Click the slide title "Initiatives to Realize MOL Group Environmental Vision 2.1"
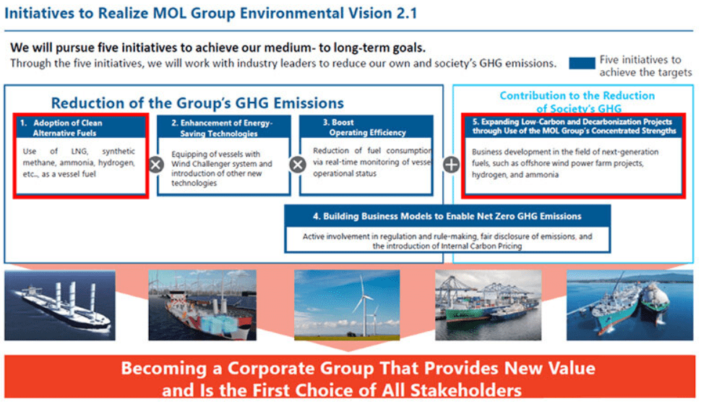(x=210, y=14)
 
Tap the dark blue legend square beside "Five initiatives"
(x=582, y=63)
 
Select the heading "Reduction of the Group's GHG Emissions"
(x=197, y=103)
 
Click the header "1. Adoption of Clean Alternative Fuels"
(x=80, y=127)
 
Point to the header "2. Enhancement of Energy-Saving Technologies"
(x=223, y=128)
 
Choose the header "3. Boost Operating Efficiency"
(x=366, y=127)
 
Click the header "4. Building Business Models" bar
(x=447, y=216)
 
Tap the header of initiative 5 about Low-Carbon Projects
(x=573, y=126)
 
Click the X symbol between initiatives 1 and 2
(x=156, y=165)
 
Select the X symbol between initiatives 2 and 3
(x=298, y=165)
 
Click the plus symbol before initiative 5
(x=451, y=165)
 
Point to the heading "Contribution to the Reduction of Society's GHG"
(x=577, y=102)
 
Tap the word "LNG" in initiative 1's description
(x=79, y=151)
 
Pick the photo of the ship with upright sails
(x=60, y=305)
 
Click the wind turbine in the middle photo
(x=364, y=308)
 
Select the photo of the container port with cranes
(x=489, y=305)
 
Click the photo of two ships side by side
(x=629, y=305)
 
